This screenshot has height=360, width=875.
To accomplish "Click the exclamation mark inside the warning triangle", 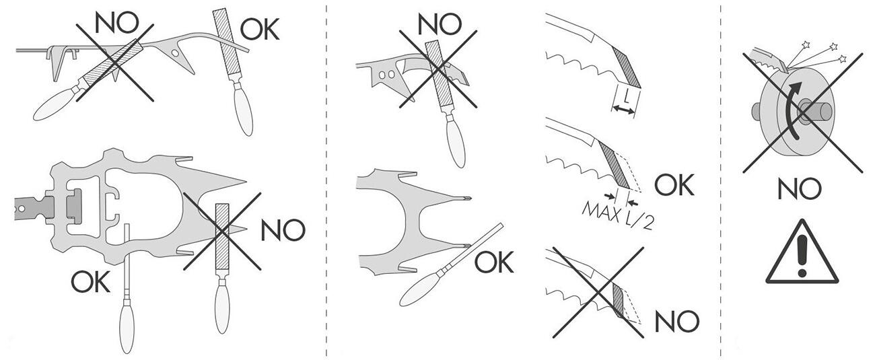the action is pos(802,257).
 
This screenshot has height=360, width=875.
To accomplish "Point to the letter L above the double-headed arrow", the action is pos(626,96).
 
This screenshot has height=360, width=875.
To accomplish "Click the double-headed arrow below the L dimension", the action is pos(623,110).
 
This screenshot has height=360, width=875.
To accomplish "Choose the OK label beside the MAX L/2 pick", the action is pos(674,185).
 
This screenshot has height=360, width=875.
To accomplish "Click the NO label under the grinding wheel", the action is pos(799,188).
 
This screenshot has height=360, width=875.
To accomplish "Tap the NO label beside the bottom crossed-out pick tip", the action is pos(676,322).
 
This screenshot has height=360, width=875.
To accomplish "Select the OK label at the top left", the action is pos(259,29).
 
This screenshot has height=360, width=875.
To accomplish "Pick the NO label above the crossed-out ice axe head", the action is pos(440,24).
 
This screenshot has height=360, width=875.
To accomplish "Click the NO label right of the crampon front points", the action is pos(283,230).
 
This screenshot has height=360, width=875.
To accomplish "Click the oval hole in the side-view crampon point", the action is pos(176,52).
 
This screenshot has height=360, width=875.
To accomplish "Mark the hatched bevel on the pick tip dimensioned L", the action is pos(626,67).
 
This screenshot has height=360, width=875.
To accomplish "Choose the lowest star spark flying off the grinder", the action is pos(842,59).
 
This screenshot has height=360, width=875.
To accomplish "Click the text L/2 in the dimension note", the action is pos(639,221).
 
